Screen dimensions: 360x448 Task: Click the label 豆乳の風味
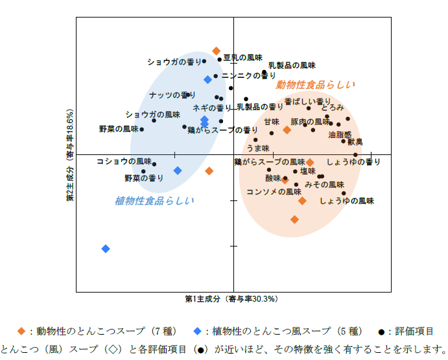(x=242, y=58)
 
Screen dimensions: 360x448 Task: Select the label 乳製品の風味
(x=292, y=66)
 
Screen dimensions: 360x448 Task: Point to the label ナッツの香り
(x=172, y=95)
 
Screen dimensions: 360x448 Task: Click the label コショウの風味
(x=124, y=161)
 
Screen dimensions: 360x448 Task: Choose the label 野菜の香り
(x=144, y=178)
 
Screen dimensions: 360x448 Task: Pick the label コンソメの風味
(x=274, y=192)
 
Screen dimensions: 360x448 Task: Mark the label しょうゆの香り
(x=353, y=162)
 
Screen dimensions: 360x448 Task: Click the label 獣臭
(x=355, y=142)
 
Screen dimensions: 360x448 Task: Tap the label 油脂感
(x=340, y=135)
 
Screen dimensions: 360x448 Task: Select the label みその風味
(x=324, y=185)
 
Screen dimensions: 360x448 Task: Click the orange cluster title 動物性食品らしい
(x=316, y=85)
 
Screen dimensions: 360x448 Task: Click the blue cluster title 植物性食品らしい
(x=154, y=200)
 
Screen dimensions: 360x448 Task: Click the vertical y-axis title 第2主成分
(x=70, y=155)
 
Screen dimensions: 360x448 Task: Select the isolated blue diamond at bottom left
(x=106, y=248)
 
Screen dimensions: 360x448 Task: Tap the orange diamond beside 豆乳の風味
(x=217, y=51)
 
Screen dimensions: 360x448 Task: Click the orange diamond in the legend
(x=21, y=331)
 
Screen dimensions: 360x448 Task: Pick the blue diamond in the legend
(x=199, y=331)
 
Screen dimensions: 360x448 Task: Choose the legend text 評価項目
(x=415, y=331)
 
